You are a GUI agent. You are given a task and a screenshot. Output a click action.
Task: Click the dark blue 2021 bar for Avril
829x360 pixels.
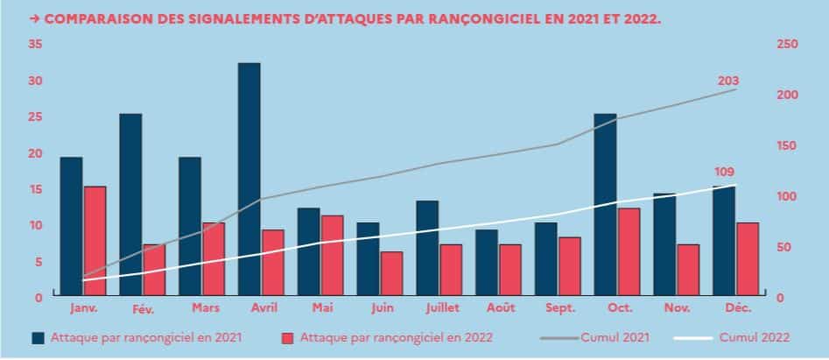coord(249,180)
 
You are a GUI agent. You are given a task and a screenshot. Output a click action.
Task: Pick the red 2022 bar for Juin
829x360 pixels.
coord(391,274)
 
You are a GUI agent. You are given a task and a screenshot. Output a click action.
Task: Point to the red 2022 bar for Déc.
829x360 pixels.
coord(747,259)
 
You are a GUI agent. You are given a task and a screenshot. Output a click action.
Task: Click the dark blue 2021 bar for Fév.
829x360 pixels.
coord(130,205)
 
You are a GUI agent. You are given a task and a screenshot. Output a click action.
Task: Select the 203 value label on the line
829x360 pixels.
coord(728,81)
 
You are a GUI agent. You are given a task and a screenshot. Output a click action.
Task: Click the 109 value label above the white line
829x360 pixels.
coord(725,172)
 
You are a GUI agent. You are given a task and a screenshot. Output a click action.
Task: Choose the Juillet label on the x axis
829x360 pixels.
coord(438,308)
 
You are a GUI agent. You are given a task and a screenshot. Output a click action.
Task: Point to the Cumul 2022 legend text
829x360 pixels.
coord(755,336)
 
